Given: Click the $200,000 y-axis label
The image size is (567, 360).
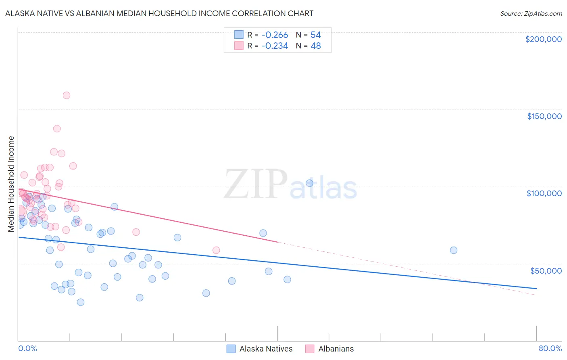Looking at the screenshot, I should pyautogui.click(x=543, y=39).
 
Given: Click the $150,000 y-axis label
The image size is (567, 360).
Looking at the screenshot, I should pyautogui.click(x=544, y=116).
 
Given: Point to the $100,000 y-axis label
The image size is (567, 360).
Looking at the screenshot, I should pyautogui.click(x=544, y=193).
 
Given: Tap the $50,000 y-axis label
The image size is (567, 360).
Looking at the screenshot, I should pyautogui.click(x=546, y=270).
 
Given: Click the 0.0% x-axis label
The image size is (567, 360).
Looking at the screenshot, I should pyautogui.click(x=27, y=348).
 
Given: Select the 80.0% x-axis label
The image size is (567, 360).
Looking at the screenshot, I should pyautogui.click(x=550, y=348).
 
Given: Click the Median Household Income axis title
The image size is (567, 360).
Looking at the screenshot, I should pyautogui.click(x=11, y=184).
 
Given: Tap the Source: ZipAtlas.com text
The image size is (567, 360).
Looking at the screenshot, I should pyautogui.click(x=531, y=14).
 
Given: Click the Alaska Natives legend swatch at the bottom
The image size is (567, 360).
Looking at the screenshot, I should pyautogui.click(x=231, y=349).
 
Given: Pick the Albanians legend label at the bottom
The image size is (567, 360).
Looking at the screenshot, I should pyautogui.click(x=336, y=349).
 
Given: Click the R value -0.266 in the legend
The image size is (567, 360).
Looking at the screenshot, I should pyautogui.click(x=275, y=35).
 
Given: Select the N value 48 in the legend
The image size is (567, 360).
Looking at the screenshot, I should pyautogui.click(x=316, y=46).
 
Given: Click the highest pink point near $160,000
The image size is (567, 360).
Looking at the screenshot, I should pyautogui.click(x=67, y=96).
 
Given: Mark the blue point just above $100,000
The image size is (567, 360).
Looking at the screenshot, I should pyautogui.click(x=309, y=183).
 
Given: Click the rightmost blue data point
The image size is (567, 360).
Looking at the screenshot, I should pyautogui.click(x=454, y=250).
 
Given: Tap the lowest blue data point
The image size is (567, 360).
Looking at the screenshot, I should pyautogui.click(x=81, y=302).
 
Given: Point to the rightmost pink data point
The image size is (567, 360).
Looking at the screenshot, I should pyautogui.click(x=216, y=250).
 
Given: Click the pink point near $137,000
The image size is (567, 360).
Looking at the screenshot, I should pyautogui.click(x=57, y=129).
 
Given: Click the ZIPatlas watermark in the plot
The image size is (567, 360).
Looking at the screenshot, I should pyautogui.click(x=290, y=185).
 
